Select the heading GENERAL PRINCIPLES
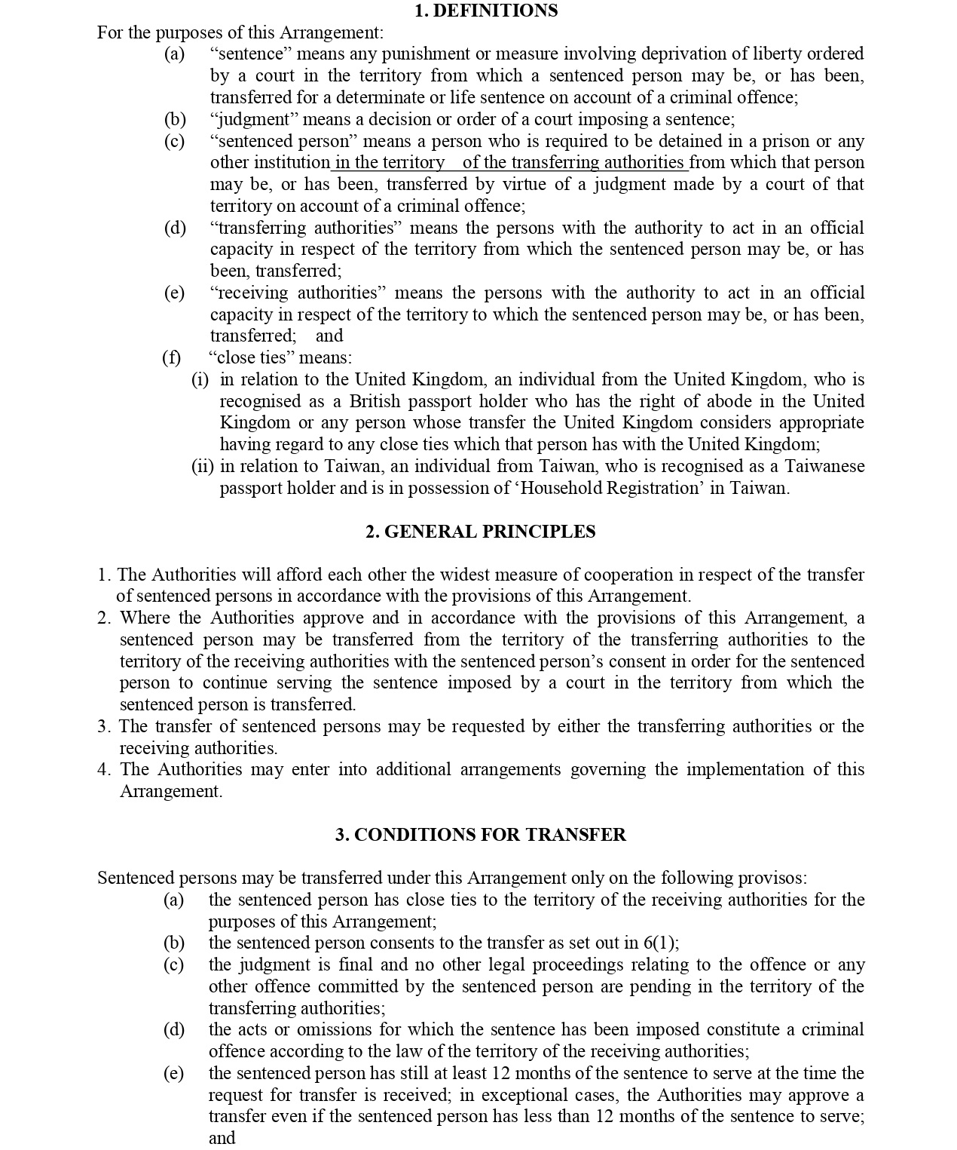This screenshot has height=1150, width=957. pos(480,532)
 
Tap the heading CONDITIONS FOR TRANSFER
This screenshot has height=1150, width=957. pos(481,835)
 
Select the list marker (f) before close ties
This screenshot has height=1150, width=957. pos(172,357)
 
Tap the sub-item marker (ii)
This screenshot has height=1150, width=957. pos(203,467)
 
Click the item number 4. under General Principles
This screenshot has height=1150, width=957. pos(104,770)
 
